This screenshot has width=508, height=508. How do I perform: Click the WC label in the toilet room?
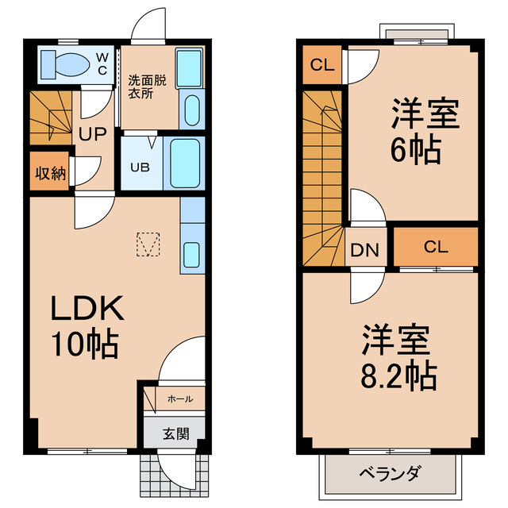pos(103,63)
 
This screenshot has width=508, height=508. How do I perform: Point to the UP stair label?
pos(90,133)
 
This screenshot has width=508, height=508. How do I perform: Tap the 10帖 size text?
pos(85,344)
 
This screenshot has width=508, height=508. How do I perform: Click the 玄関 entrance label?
pos(175,434)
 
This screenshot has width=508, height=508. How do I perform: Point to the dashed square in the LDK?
pos(148,244)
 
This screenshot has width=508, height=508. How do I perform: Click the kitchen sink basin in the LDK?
pos(193,255)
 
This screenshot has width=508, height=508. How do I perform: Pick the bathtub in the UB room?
pos(185,163)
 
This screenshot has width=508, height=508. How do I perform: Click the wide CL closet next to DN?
pos(435,246)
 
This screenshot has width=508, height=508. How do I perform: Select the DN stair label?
pos(366,252)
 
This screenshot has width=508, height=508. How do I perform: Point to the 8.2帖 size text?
pos(400,375)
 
